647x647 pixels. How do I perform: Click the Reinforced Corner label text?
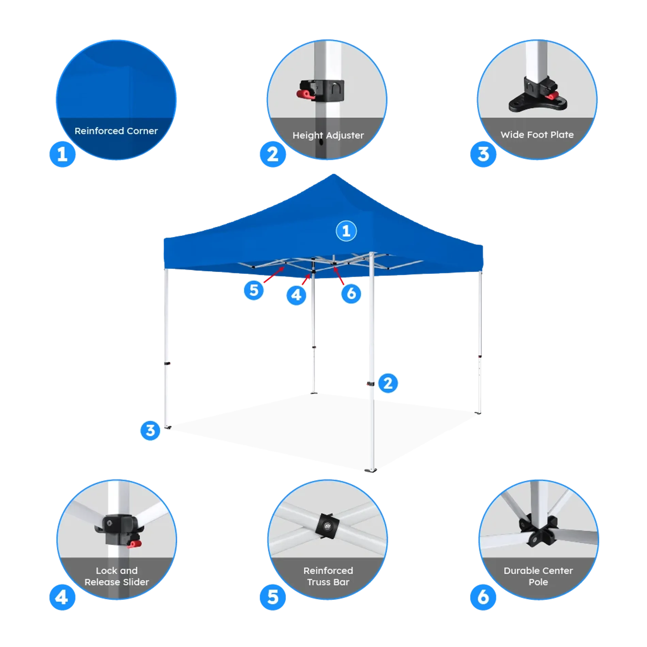[x=116, y=131]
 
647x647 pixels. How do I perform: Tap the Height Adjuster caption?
[x=328, y=135]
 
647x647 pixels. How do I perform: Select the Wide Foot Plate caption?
[x=537, y=135]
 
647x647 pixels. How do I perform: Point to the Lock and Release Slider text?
[x=117, y=576]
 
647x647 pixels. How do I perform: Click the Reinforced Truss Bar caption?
[x=328, y=576]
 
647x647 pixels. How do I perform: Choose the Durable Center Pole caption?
[x=538, y=576]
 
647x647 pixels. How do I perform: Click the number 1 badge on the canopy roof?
[x=346, y=231]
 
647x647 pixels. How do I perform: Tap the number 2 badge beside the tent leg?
[x=388, y=384]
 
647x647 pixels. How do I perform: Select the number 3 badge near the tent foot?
[x=150, y=431]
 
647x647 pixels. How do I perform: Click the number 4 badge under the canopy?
[x=296, y=295]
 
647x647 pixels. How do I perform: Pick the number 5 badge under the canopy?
[x=254, y=290]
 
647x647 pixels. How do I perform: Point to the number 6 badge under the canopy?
[x=351, y=294]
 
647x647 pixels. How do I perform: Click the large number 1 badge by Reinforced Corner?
[x=62, y=155]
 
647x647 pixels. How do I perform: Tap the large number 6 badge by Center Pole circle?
[x=483, y=597]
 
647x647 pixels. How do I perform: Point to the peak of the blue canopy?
[x=334, y=174]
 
